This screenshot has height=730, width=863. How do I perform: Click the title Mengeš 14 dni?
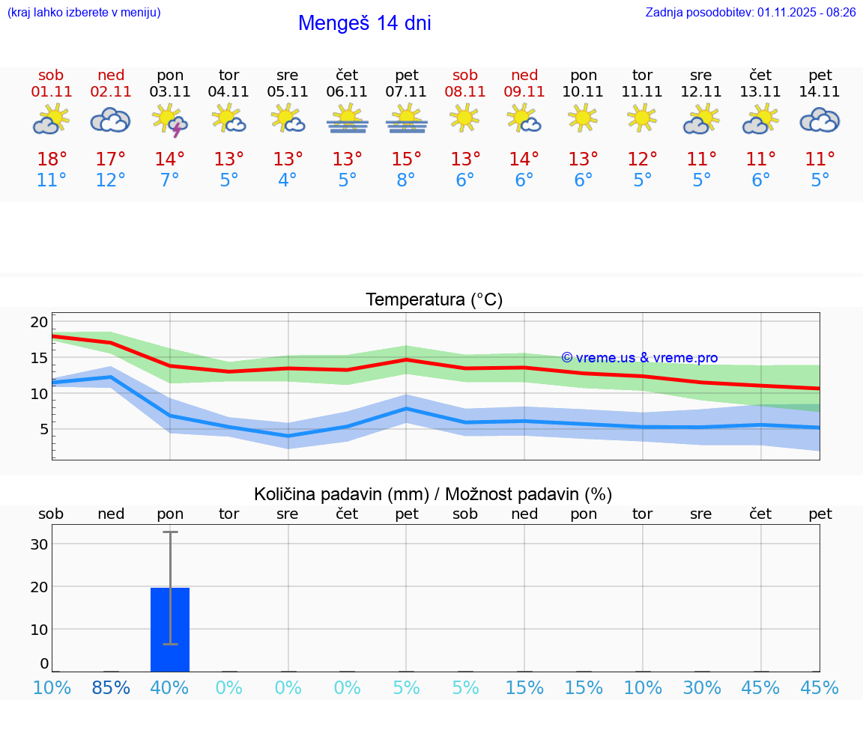click(x=364, y=23)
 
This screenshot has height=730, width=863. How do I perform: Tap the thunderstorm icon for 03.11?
click(x=170, y=121)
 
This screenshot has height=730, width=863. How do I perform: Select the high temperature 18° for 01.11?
click(x=52, y=159)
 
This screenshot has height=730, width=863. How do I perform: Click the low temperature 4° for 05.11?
click(x=288, y=180)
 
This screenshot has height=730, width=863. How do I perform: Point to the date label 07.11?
click(x=406, y=91)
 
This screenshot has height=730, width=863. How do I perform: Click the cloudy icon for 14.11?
click(x=820, y=120)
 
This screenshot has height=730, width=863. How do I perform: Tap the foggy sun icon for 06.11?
click(x=347, y=119)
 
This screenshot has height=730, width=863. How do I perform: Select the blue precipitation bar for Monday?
click(x=170, y=629)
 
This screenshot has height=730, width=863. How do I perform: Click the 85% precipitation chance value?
click(x=111, y=687)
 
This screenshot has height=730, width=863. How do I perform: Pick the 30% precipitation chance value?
click(x=701, y=687)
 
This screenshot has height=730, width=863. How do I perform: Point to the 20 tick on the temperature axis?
click(x=39, y=322)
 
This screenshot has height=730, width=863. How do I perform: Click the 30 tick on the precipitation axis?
click(x=39, y=544)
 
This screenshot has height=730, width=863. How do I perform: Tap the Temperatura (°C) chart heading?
click(x=434, y=299)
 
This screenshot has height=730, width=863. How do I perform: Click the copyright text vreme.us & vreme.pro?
click(x=640, y=358)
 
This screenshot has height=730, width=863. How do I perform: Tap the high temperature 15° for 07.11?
click(x=406, y=159)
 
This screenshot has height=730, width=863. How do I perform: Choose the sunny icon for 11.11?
click(x=642, y=118)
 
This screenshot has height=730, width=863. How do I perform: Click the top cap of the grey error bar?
click(x=170, y=532)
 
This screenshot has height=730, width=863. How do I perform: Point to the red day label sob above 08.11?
click(x=464, y=75)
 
